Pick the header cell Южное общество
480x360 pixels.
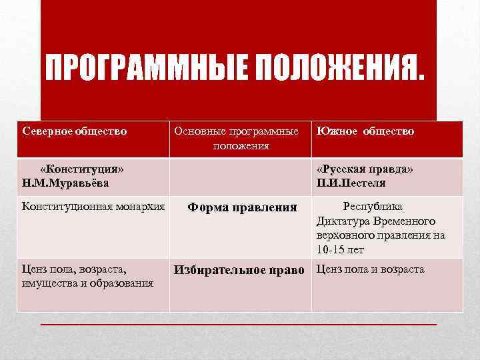tap(365, 131)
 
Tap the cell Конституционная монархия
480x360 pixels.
tap(93, 206)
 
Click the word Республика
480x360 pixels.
tap(372, 206)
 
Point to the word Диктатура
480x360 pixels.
tap(343, 221)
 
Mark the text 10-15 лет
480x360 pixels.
tap(340, 250)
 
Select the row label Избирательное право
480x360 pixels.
tap(239, 270)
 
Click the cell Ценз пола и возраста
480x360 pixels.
tap(370, 269)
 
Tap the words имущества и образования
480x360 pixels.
tap(88, 283)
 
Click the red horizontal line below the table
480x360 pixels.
tap(239, 323)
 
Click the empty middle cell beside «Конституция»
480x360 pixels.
tap(241, 176)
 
